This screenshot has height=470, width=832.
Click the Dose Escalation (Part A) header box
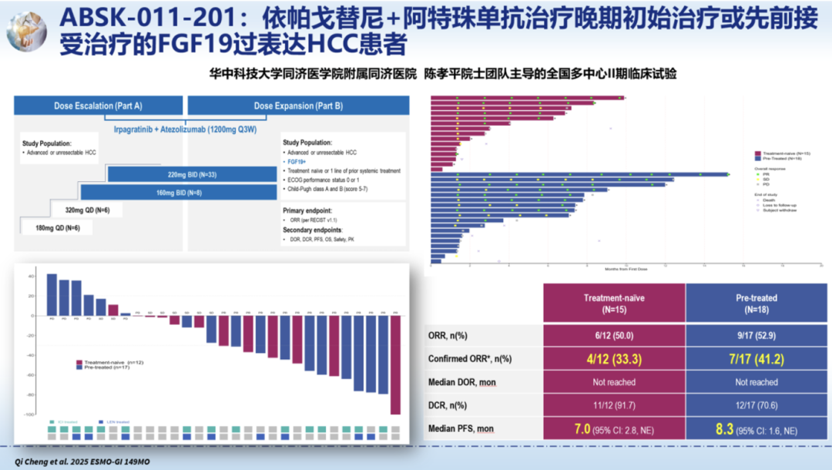coord(98,106)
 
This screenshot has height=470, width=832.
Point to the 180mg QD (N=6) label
coord(58,227)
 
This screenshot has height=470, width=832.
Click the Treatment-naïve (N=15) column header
coord(614,303)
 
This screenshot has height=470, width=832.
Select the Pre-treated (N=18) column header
coord(756,303)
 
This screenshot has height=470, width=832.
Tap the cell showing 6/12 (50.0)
coord(614,336)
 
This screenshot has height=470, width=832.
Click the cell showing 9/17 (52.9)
coord(756,336)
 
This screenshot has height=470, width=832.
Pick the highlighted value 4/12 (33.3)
coord(614,358)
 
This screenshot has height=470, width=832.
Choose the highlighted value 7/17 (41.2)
coord(756,358)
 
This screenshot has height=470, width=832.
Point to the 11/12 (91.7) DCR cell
coord(614,405)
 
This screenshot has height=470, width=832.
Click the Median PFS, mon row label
coord(461,428)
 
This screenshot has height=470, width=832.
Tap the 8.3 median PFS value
coord(724,428)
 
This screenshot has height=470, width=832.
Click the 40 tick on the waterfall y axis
coord(31,276)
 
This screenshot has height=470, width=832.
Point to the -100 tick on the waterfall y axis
coord(29,415)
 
